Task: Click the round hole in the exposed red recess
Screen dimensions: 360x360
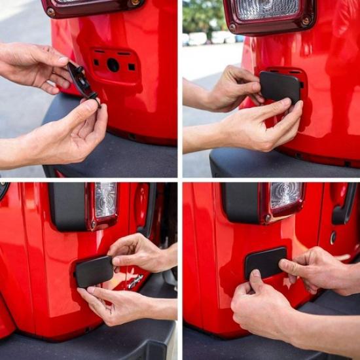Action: point(113,65)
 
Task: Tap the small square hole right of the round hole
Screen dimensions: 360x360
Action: point(131,67)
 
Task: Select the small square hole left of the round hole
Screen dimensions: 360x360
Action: point(96,63)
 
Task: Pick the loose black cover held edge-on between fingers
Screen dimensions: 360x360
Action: point(82,81)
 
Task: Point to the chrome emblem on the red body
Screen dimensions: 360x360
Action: point(135,281)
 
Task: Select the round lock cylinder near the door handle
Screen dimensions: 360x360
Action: point(333,238)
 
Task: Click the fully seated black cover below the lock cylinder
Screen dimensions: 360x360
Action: point(266,262)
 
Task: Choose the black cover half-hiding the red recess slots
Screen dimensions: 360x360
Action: point(280,87)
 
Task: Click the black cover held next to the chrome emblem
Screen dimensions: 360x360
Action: point(94,271)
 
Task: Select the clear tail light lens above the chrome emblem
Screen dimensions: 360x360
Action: point(105,199)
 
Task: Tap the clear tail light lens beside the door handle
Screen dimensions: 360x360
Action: point(286,195)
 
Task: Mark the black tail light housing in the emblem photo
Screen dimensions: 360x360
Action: point(67,206)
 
